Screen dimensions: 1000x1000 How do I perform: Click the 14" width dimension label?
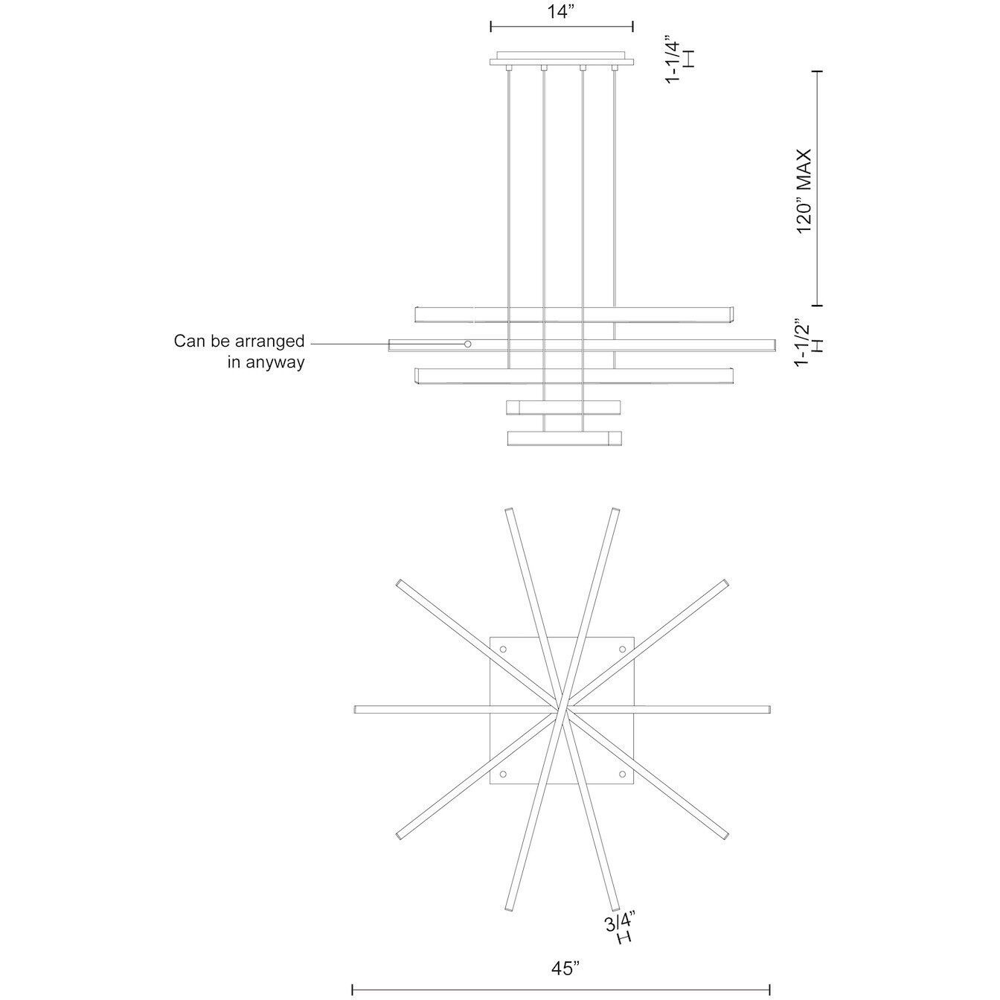click(x=561, y=12)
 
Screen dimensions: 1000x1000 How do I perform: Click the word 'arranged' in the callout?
click(x=271, y=342)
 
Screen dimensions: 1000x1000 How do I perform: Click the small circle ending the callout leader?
click(x=468, y=344)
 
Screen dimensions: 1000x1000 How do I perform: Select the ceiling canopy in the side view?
click(x=561, y=60)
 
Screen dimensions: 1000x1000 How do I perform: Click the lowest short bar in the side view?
click(x=564, y=438)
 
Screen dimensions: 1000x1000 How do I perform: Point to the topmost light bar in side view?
click(x=573, y=314)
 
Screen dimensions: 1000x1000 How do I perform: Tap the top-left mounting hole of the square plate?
click(x=502, y=650)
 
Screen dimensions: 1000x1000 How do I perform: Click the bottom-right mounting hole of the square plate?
click(x=621, y=774)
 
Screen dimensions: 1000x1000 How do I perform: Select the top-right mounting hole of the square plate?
click(x=621, y=650)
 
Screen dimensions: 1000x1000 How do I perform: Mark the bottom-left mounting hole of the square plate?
click(x=502, y=774)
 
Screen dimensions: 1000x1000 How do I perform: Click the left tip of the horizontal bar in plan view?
click(x=358, y=709)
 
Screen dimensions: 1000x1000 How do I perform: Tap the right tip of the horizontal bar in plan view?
click(x=768, y=708)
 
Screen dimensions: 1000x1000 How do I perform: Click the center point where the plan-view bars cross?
click(x=563, y=709)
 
